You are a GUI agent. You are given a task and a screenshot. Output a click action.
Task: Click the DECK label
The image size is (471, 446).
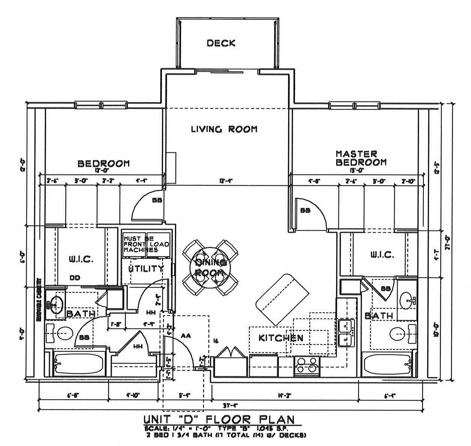pyautogui.click(x=221, y=43)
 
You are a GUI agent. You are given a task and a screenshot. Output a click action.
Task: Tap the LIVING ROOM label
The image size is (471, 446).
pyautogui.click(x=224, y=129)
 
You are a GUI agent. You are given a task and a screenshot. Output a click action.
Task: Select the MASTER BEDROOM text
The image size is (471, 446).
pyautogui.click(x=360, y=158)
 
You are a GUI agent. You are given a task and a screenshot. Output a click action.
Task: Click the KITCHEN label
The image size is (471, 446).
pyautogui.click(x=281, y=338)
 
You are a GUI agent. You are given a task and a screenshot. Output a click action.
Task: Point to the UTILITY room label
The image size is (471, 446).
pyautogui.click(x=146, y=268)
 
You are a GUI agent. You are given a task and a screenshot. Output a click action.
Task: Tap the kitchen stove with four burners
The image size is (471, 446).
pyautogui.click(x=307, y=365)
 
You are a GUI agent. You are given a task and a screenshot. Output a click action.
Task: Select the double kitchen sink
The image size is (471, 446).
pyautogui.click(x=346, y=333)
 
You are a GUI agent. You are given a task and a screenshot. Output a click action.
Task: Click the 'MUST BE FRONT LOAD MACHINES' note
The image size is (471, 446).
pyautogui.click(x=146, y=244)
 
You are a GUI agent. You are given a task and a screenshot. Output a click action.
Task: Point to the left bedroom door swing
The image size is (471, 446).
pyautogui.click(x=147, y=206)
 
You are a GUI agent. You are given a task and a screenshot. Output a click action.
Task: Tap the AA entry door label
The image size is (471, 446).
pyautogui.click(x=185, y=336)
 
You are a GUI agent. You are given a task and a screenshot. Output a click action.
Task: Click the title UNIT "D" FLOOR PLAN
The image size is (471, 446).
pyautogui.click(x=219, y=419)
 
